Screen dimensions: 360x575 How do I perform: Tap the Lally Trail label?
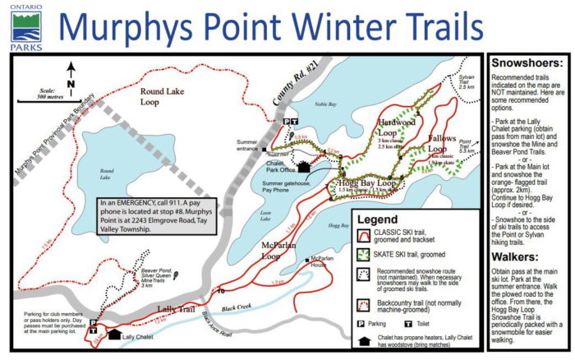click(x=174, y=309)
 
